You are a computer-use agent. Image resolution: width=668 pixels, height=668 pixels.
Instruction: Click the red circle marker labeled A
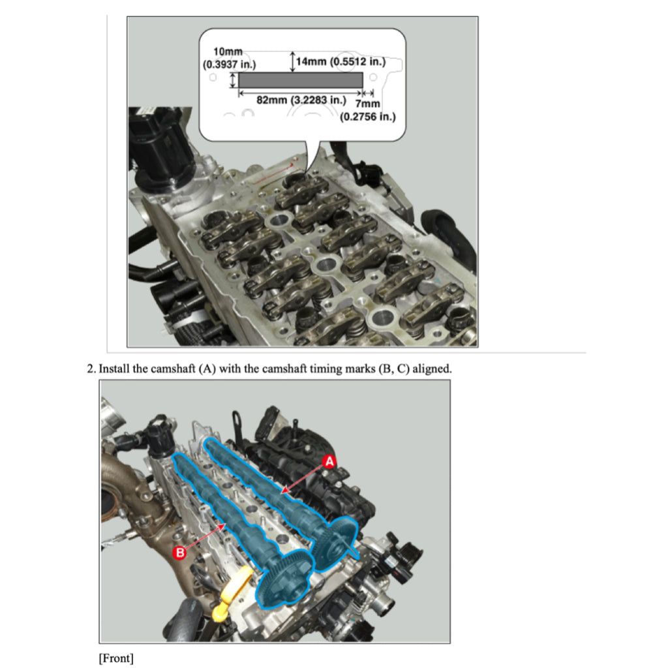coord(329,462)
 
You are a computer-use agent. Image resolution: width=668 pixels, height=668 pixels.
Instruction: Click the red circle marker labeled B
coord(181,553)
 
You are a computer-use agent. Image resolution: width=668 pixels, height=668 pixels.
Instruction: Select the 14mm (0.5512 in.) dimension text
coord(341,62)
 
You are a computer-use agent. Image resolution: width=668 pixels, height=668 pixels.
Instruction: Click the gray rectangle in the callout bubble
coord(301,80)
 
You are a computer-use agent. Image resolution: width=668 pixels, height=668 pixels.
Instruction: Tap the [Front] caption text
coord(116,658)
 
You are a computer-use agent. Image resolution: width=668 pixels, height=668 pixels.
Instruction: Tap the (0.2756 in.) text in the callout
coord(368,117)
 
